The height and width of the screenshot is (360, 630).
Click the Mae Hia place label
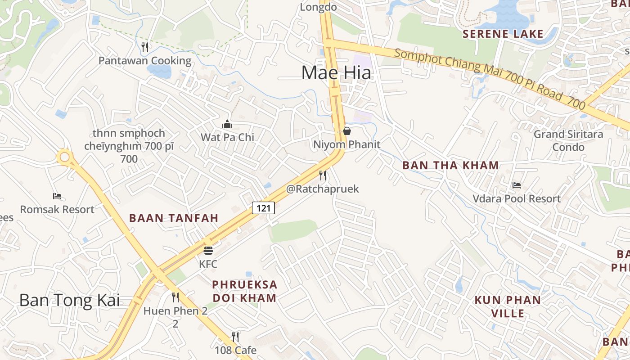pos(336,72)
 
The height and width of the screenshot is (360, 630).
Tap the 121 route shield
pos(263,208)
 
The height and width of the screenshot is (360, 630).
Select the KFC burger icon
pos(208,250)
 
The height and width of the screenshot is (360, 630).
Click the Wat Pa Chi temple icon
pos(227,124)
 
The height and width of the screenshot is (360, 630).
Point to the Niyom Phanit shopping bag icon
pos(347,131)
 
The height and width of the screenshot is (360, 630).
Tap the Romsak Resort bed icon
pos(57,196)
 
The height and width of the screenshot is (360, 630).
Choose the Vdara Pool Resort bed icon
pos(517,185)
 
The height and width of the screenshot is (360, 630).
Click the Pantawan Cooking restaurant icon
pos(145,47)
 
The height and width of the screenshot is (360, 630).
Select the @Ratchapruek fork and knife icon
pos(323,175)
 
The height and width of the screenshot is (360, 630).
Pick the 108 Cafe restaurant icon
pos(235,337)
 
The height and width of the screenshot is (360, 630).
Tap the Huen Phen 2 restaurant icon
pos(175,297)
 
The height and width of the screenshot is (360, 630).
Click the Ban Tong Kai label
pos(70,300)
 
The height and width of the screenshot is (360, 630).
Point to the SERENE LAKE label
pos(503,34)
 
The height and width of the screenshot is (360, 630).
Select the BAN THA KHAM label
pos(450,165)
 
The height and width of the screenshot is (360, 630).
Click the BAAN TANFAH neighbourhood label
pos(174,218)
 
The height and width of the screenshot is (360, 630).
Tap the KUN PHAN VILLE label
pos(508,306)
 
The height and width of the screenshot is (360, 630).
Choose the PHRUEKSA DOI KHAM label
pos(244,291)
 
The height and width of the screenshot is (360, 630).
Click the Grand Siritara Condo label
pos(568,140)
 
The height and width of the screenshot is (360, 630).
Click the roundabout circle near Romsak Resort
pos(64,157)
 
